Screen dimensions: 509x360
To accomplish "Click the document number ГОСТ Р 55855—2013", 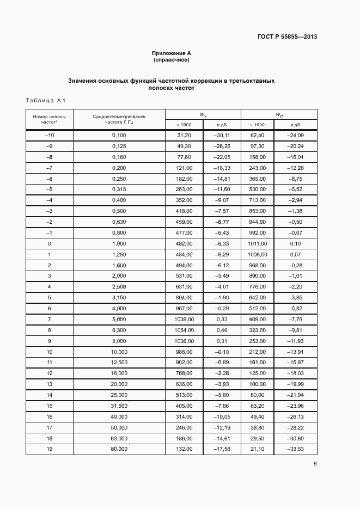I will coord(287,37).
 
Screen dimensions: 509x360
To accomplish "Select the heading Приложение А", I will coord(171,53).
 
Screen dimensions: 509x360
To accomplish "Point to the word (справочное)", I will coord(171,59).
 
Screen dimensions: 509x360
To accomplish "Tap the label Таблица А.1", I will coord(45,101).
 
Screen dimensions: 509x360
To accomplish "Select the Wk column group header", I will coord(203,114).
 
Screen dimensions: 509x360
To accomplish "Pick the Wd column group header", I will coord(278,114).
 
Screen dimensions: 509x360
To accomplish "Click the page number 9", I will coord(315,463).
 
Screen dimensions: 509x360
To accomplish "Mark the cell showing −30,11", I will coord(222,134).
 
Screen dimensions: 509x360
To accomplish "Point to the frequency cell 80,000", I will coord(119,449).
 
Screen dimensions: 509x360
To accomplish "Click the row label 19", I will coord(49,449).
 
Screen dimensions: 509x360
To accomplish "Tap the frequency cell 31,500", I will coord(119,406).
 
